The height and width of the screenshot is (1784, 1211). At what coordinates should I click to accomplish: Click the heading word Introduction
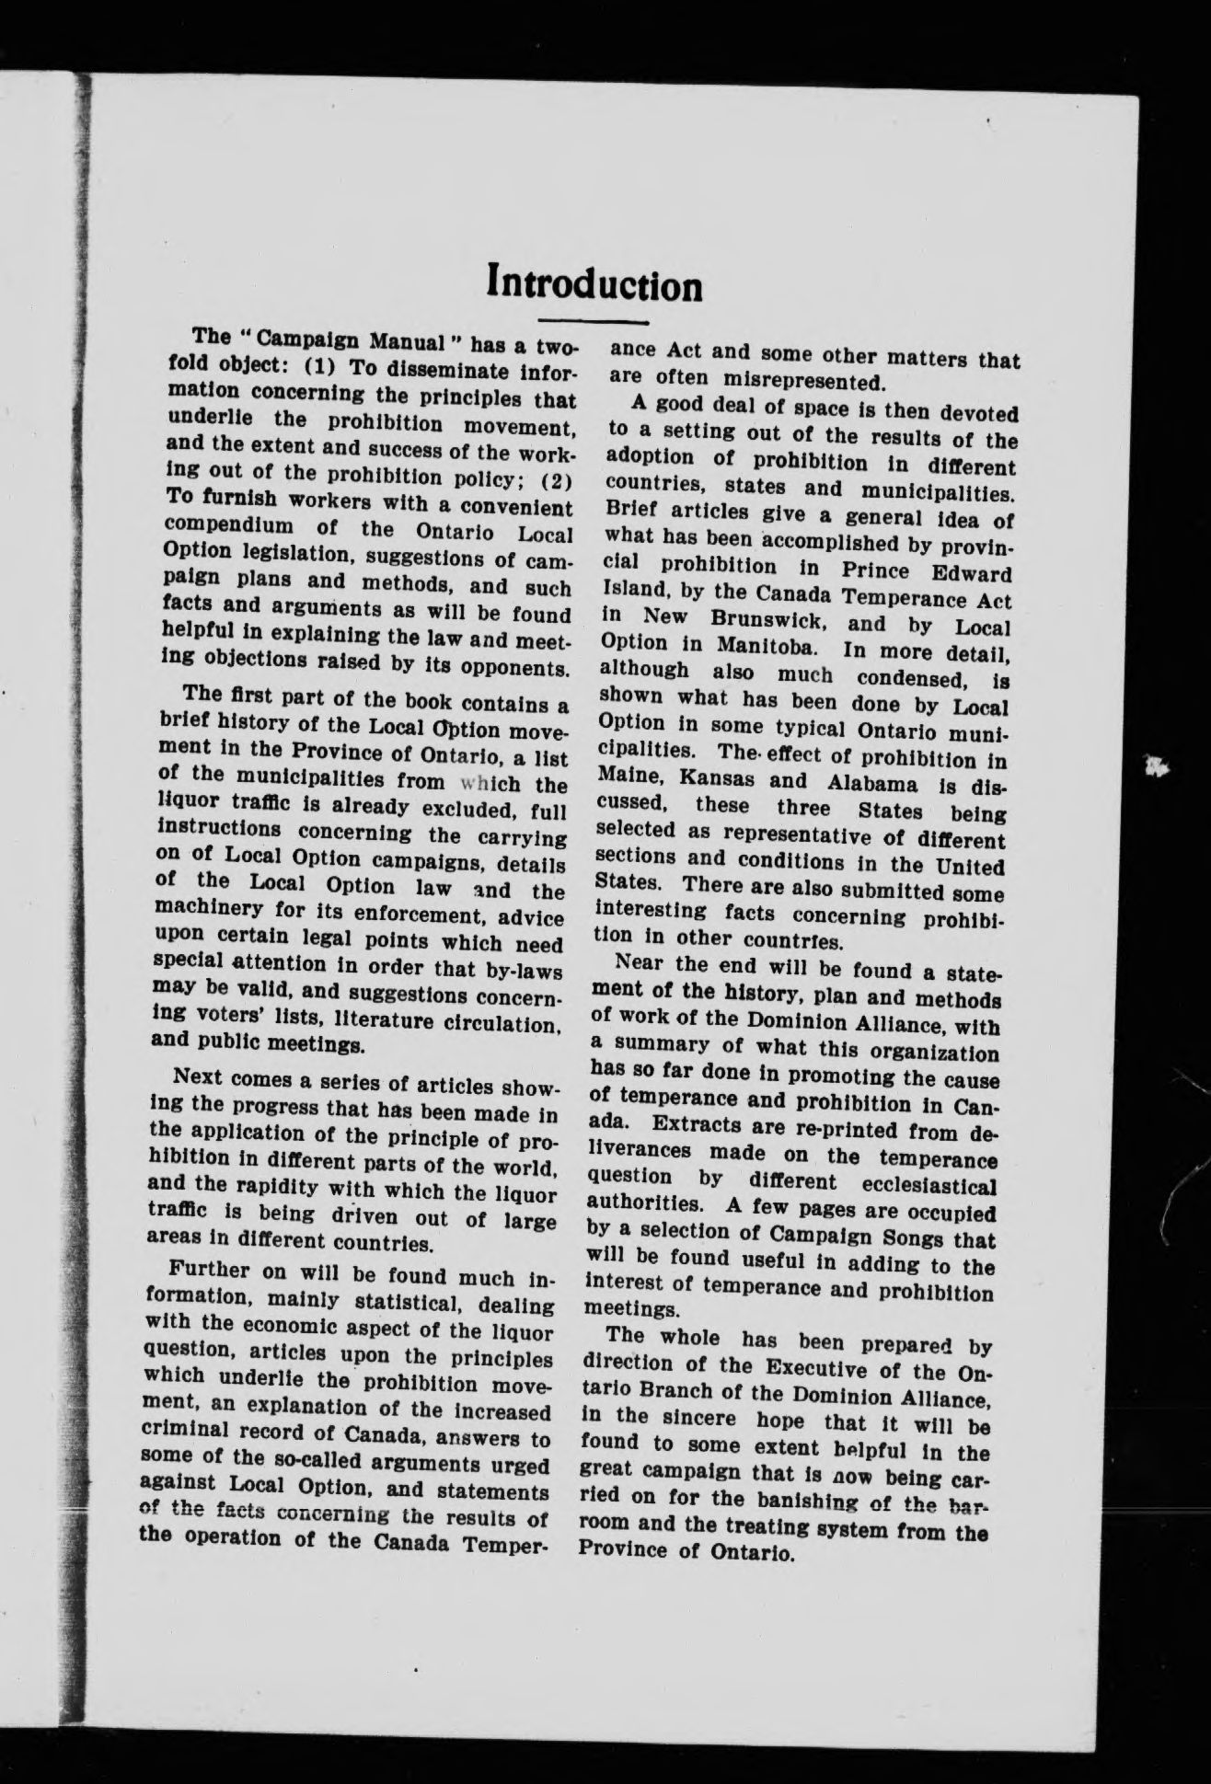pyautogui.click(x=594, y=284)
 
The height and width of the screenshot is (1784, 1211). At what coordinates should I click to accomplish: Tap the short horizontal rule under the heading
pyautogui.click(x=594, y=322)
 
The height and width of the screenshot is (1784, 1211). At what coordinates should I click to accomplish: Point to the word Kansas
pyautogui.click(x=715, y=778)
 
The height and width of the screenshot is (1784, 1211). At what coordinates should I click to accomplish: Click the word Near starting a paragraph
pyautogui.click(x=639, y=966)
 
